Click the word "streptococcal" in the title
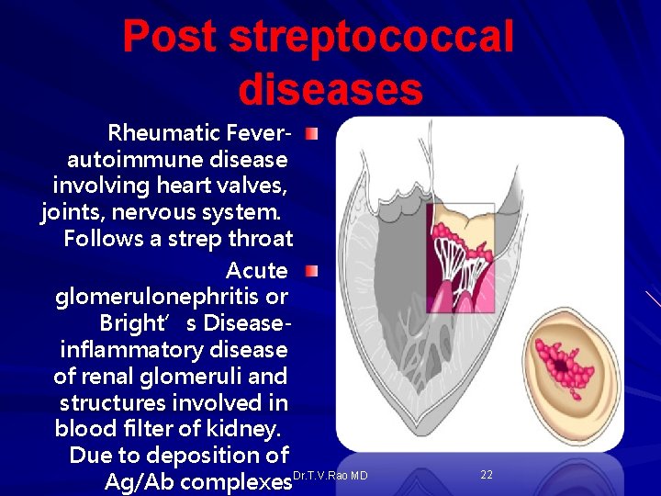point(372,38)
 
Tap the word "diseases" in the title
point(330,89)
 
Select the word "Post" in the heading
point(171,38)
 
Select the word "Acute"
point(256,271)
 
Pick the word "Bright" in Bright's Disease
point(130,323)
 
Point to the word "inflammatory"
point(129,350)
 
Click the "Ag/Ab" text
point(136,481)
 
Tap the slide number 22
point(487,474)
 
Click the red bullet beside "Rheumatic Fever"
point(312,135)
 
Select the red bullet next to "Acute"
point(312,271)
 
